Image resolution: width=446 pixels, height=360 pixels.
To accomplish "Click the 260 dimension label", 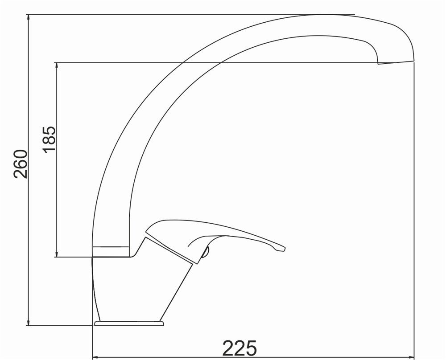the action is [x=21, y=164].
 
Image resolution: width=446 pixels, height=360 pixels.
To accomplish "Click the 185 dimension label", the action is [x=50, y=139].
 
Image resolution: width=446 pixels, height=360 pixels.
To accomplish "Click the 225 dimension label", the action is [x=240, y=348].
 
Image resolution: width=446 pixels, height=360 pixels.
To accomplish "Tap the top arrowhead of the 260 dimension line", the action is [x=28, y=17].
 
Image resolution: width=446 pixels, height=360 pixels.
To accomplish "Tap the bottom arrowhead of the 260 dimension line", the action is [x=28, y=322].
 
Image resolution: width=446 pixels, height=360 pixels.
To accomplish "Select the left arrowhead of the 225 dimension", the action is [x=96, y=356].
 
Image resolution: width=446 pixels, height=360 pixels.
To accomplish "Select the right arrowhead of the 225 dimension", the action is [x=411, y=356].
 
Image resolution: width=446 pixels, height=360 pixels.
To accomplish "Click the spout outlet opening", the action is [x=396, y=62].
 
